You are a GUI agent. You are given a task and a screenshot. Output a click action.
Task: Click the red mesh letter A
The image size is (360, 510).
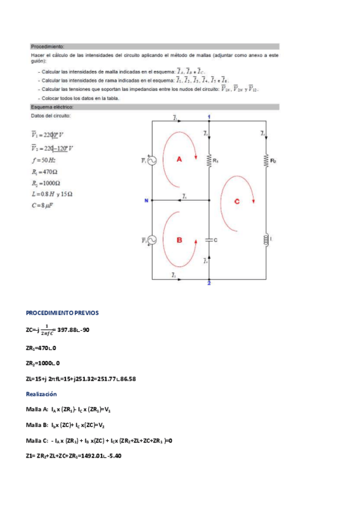pos(179,159)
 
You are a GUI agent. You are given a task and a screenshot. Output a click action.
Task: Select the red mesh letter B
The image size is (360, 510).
pos(179,240)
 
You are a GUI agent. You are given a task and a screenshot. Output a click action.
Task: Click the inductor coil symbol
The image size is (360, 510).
pos(264,239)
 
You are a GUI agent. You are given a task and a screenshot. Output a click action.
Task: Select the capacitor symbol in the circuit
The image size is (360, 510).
pos(209,239)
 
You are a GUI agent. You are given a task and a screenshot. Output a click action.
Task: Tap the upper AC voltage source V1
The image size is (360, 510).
pos(152,160)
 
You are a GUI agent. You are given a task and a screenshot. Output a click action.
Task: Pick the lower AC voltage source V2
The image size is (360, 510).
pos(152,239)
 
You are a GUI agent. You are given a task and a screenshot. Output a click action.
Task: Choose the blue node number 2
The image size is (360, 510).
pos(209,283)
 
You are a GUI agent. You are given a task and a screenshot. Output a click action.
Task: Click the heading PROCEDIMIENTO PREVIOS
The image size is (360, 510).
pos(62,313)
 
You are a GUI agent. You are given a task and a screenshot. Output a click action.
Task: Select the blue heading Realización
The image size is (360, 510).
pos(41,393)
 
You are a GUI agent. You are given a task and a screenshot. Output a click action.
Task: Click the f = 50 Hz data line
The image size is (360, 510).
pos(43,160)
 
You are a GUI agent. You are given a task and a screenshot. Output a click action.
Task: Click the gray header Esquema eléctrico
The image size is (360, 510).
pos(52,107)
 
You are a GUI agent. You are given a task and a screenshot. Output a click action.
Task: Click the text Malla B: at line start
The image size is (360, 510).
pos(37,425)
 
